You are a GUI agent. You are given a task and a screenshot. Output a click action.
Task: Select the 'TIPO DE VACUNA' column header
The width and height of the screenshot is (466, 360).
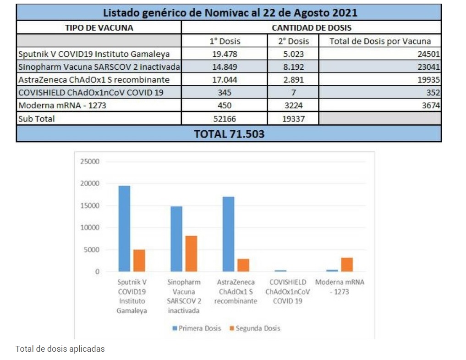(x=99, y=28)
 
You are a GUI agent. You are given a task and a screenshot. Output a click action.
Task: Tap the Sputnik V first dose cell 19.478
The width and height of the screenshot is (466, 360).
(x=225, y=54)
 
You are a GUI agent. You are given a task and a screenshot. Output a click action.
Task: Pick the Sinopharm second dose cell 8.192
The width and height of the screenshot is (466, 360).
(x=293, y=67)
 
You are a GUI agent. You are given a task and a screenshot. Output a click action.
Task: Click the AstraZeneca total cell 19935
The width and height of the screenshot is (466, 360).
(x=428, y=80)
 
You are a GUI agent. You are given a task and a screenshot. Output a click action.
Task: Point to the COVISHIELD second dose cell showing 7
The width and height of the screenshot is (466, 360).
(x=293, y=93)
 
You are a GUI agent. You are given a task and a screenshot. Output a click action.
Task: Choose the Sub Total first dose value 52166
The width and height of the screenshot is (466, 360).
(x=225, y=119)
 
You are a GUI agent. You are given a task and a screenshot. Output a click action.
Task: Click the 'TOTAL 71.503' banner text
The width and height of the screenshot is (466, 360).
(x=229, y=134)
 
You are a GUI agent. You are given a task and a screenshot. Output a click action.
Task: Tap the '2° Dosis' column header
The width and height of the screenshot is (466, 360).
(x=293, y=41)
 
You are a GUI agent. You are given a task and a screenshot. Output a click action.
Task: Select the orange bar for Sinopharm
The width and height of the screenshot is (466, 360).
(x=191, y=254)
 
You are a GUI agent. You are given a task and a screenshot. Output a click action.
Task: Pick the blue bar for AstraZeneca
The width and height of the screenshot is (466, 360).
(x=228, y=234)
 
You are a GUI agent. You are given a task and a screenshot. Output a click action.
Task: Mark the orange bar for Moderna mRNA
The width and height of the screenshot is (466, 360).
(x=347, y=265)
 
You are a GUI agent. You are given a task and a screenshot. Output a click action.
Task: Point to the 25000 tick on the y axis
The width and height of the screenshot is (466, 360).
(x=90, y=162)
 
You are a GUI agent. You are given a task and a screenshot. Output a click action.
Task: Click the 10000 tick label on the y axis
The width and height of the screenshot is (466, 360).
(x=90, y=228)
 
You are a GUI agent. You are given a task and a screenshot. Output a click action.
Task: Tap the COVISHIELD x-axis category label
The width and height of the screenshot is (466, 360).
(x=288, y=292)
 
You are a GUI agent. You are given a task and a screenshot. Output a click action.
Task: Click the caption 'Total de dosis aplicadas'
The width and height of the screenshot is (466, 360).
(x=60, y=349)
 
